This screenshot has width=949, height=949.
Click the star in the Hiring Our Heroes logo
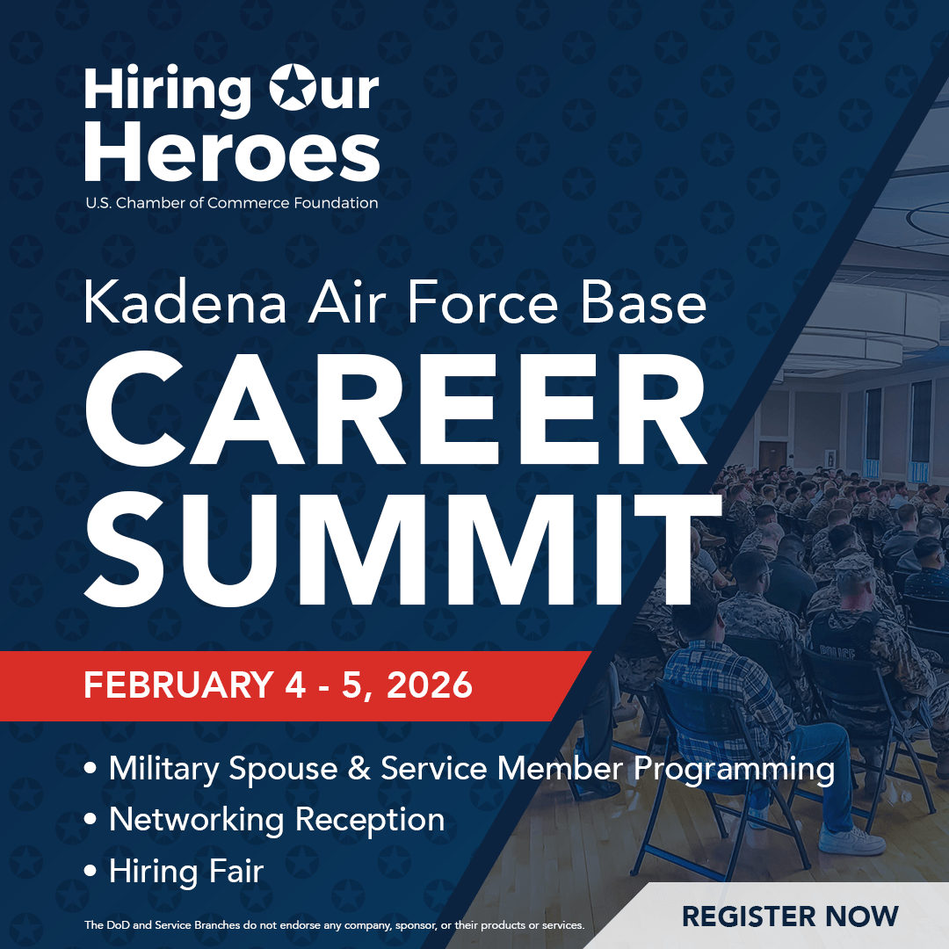click(299, 91)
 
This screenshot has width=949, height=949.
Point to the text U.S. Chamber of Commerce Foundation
click(232, 203)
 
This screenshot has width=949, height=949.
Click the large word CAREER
click(395, 411)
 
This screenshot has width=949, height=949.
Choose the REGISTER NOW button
click(790, 916)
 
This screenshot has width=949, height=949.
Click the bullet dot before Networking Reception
click(91, 820)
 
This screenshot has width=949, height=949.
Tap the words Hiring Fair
click(186, 871)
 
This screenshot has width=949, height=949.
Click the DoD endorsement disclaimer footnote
click(334, 925)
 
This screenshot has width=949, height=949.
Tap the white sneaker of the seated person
click(851, 841)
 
